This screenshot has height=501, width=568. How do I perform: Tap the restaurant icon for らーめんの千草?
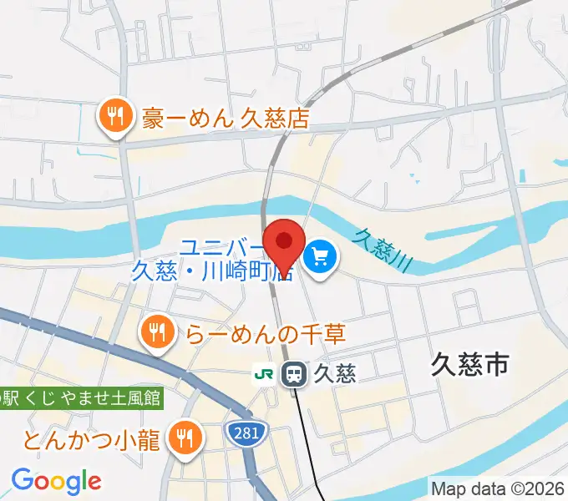156,331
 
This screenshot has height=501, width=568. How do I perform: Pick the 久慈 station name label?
335,374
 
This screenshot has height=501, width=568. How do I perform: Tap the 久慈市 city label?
471,363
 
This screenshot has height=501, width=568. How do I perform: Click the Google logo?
56,480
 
